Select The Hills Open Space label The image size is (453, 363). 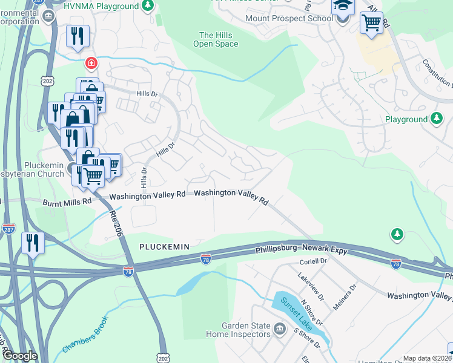coord(216,39)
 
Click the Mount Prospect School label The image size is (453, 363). coord(289,18)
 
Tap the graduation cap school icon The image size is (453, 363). coord(342,7)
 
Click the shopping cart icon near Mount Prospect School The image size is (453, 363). coord(371,24)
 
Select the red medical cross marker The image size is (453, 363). coord(91,62)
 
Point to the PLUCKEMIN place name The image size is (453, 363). coord(164,247)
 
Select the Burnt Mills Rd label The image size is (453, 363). coord(67,201)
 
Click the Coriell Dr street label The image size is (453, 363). coord(313,262)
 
